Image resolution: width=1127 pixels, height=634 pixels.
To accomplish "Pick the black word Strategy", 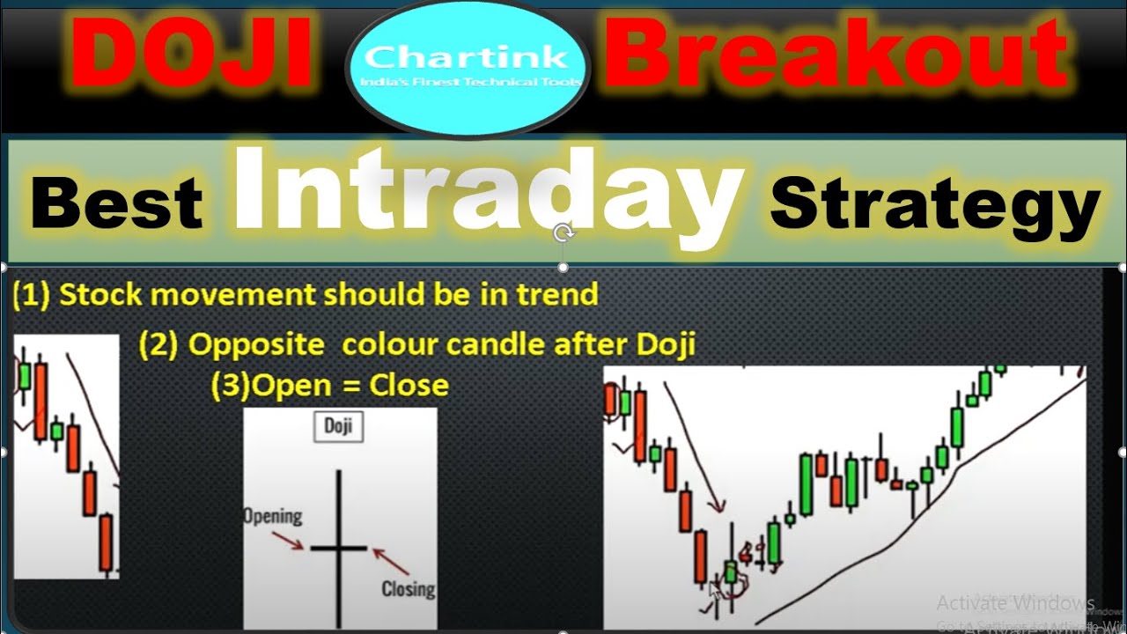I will pyautogui.click(x=934, y=204).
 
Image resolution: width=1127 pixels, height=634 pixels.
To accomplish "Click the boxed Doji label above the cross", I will pyautogui.click(x=338, y=427).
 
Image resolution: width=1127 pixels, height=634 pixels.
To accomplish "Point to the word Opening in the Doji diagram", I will pyautogui.click(x=272, y=516).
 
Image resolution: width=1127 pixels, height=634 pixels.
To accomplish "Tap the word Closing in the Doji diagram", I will pyautogui.click(x=408, y=587).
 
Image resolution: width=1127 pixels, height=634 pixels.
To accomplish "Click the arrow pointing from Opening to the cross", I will pyautogui.click(x=290, y=539).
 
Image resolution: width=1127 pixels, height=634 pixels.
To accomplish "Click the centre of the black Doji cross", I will pyautogui.click(x=338, y=549).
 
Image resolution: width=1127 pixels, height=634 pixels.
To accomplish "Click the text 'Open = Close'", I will pyautogui.click(x=350, y=385).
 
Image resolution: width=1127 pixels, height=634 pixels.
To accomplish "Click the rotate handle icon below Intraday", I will pyautogui.click(x=563, y=233).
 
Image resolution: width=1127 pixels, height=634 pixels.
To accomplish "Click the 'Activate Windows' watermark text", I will pyautogui.click(x=1014, y=603).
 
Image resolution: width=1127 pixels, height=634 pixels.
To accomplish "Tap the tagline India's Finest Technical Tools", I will pyautogui.click(x=468, y=82).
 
